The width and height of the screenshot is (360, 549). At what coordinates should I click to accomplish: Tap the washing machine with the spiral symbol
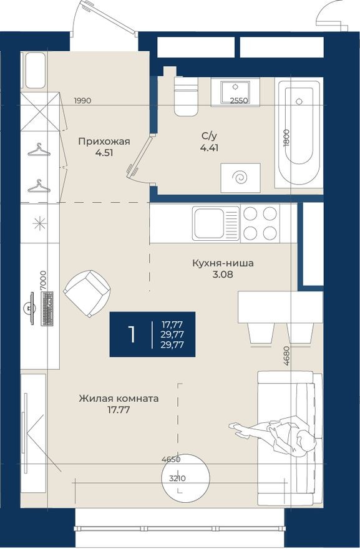240,178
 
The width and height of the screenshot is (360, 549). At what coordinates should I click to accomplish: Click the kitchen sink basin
208,223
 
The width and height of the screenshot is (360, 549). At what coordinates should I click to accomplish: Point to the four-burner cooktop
260,223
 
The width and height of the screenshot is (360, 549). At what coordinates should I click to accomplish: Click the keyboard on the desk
47,309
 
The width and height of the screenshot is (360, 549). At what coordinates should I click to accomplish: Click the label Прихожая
104,141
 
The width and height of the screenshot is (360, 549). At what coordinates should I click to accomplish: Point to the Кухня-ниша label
223,263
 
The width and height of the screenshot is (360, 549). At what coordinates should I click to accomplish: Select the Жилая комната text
119,398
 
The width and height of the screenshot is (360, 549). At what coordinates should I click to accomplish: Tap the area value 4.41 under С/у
210,148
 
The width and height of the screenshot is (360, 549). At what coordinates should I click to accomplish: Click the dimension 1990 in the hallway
83,100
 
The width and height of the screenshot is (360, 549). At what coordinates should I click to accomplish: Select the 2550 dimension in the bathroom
239,100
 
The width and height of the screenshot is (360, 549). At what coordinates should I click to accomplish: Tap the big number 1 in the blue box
132,334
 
